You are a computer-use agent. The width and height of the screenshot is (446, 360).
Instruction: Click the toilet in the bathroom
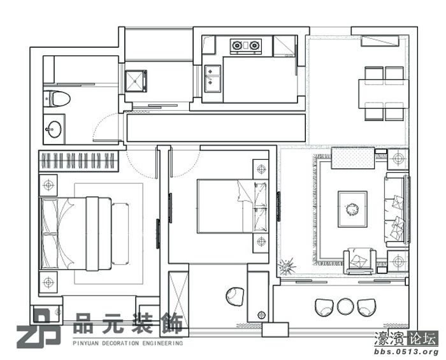57,99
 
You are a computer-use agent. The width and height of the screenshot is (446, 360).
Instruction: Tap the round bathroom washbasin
53,129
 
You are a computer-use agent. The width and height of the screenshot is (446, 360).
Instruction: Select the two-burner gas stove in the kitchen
246,46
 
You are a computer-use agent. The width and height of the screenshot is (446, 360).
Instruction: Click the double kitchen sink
212,79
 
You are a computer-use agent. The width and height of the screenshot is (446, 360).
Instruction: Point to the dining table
384,94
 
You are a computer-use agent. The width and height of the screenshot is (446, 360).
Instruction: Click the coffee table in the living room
352,209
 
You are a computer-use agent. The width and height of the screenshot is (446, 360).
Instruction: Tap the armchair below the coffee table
360,261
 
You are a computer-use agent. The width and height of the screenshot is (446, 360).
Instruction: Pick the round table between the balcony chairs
345,306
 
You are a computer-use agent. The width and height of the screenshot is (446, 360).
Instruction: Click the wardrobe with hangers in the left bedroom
78,161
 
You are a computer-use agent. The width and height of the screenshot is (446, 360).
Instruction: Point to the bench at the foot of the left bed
120,234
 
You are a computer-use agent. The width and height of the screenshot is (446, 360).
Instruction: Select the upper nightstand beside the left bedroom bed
48,185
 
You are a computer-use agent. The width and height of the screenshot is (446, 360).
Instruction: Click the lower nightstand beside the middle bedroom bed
261,242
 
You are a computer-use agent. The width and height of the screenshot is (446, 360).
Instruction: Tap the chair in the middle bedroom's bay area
235,296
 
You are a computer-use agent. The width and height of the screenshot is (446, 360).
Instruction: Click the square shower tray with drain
136,81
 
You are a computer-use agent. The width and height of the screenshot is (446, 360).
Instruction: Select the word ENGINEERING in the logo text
162,343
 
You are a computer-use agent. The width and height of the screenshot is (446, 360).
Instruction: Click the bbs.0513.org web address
406,352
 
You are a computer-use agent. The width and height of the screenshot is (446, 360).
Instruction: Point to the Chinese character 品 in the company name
83,323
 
